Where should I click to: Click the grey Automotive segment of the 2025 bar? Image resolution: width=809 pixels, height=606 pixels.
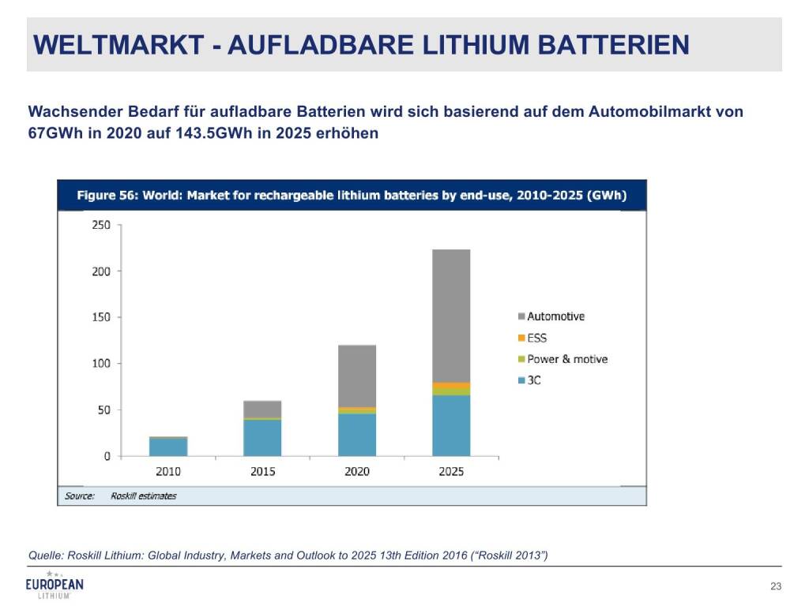(x=451, y=316)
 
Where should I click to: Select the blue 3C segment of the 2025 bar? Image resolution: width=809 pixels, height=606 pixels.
(x=451, y=425)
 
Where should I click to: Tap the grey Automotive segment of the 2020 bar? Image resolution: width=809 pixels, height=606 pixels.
(x=357, y=376)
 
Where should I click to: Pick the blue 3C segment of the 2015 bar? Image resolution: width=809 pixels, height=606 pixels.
(x=262, y=438)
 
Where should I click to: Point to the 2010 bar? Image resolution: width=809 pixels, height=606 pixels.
(x=168, y=447)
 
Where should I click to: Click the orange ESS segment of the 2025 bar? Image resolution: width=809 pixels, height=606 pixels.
(x=451, y=386)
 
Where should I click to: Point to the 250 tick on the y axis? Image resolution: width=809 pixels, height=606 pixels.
(x=101, y=225)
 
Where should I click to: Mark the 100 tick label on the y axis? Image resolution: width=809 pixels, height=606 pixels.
(x=101, y=364)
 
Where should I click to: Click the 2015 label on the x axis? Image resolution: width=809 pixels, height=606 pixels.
(x=262, y=471)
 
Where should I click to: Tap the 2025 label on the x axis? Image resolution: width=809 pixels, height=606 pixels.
(x=451, y=471)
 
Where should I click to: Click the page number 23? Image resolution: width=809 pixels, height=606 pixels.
(x=775, y=585)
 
